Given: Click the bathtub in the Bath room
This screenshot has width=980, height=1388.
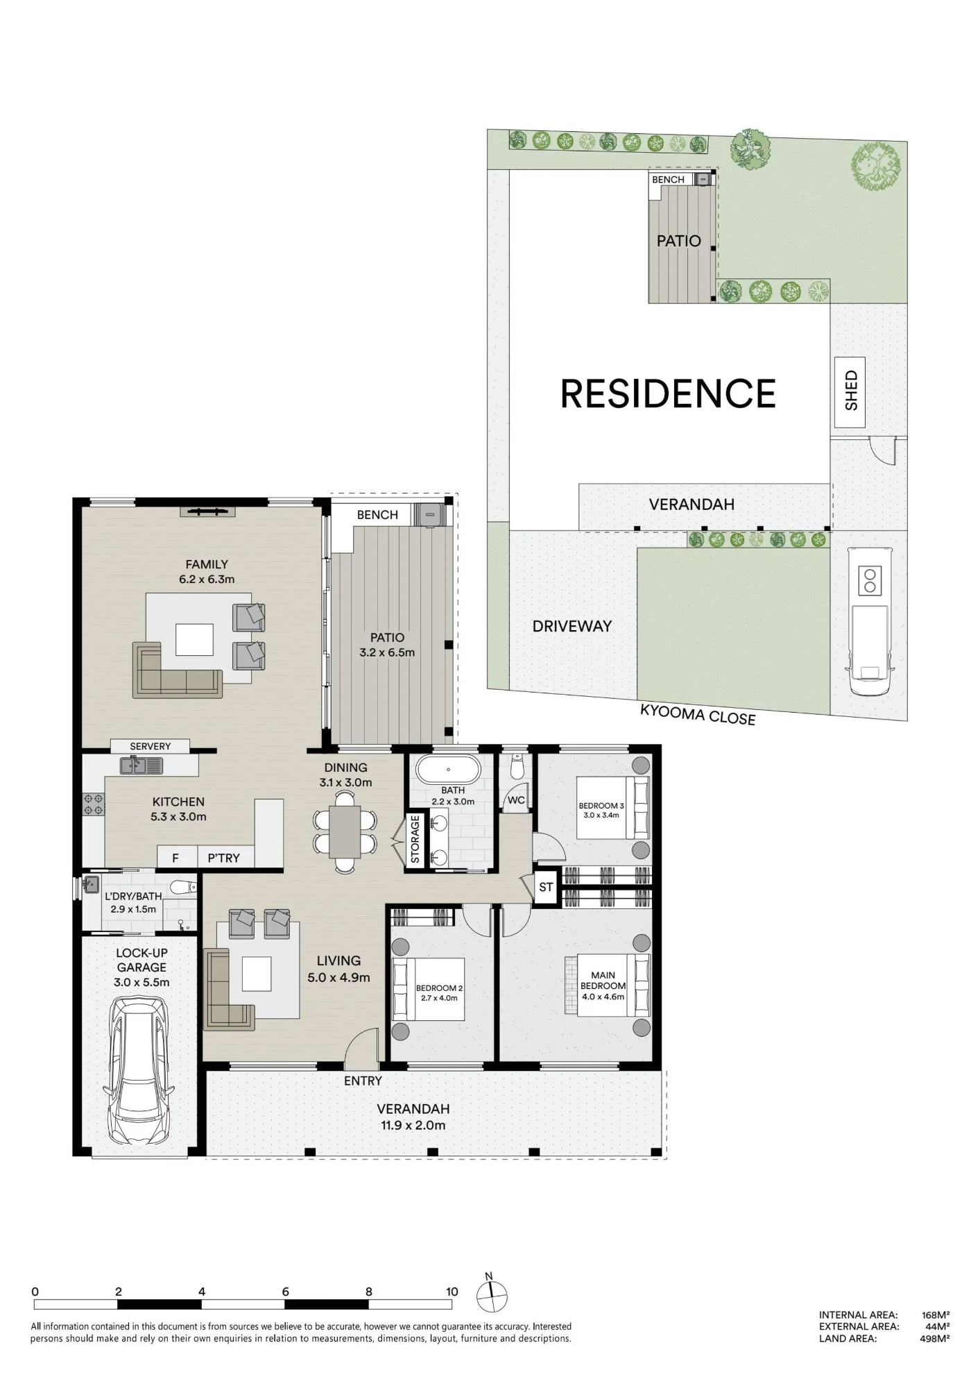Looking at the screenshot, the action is tap(447, 770).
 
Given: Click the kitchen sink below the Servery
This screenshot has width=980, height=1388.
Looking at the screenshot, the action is tap(141, 765).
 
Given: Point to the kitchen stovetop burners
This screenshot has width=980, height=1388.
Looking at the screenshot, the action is tap(94, 804).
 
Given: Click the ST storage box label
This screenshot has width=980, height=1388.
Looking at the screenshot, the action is tap(546, 887).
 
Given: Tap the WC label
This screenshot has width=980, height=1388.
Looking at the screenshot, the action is tap(516, 800).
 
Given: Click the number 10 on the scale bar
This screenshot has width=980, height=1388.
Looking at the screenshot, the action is tap(452, 1292).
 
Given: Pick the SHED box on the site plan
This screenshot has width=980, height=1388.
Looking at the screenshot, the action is tap(850, 392).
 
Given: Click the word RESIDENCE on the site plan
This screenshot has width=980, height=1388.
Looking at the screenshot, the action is tap(668, 393).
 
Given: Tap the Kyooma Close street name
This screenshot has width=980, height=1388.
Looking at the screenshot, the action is tap(697, 715).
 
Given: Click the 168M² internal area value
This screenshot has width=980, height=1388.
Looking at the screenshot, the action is tap(935, 1314).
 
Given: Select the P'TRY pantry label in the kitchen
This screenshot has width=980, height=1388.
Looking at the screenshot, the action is tap(223, 858).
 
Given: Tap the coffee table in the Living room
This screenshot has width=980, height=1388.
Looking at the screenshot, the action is tap(257, 974).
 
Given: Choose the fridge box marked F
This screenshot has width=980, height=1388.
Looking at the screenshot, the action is tap(175, 858).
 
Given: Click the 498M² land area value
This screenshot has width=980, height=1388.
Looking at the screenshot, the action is tap(935, 1338).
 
